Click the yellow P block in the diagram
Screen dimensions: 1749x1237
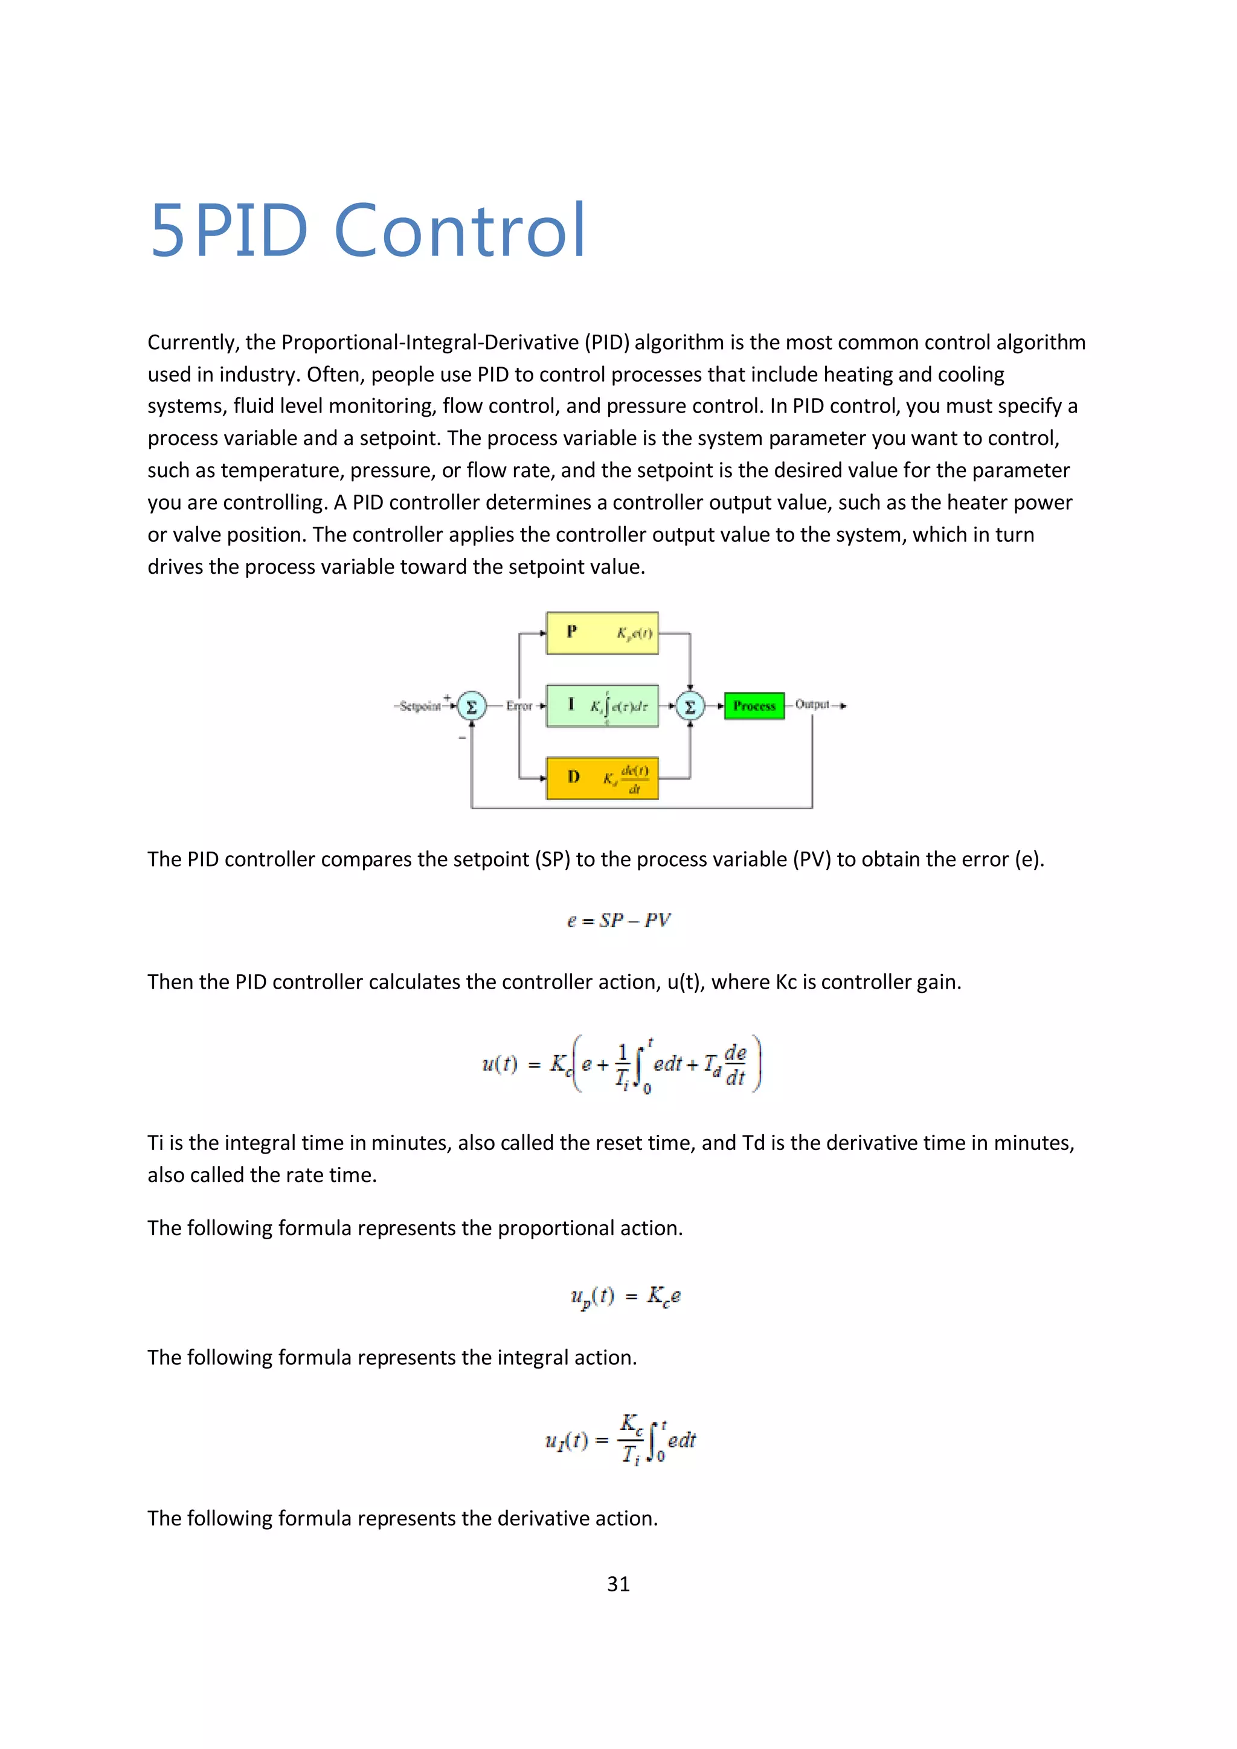602,633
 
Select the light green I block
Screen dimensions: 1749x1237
602,706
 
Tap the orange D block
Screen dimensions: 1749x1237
602,778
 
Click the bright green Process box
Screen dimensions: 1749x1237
754,706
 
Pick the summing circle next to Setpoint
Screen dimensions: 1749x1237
472,706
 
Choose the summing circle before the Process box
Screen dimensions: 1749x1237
690,706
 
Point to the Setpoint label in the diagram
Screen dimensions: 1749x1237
420,706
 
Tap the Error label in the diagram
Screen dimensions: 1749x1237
519,706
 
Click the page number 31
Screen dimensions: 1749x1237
618,1585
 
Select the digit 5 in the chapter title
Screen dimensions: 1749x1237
167,231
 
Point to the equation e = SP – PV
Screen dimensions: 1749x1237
618,920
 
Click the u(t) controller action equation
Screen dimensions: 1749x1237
622,1064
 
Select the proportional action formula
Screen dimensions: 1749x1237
625,1297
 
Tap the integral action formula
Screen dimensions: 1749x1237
620,1439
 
